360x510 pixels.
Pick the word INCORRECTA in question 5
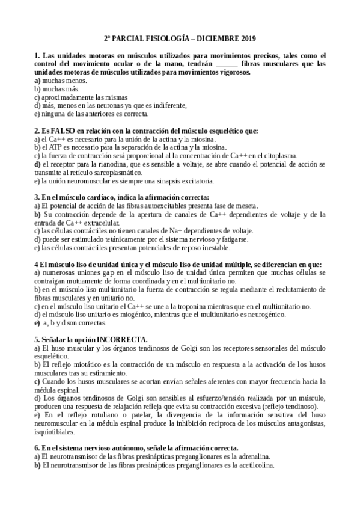pyautogui.click(x=117, y=339)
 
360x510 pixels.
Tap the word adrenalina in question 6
pyautogui.click(x=252, y=456)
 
